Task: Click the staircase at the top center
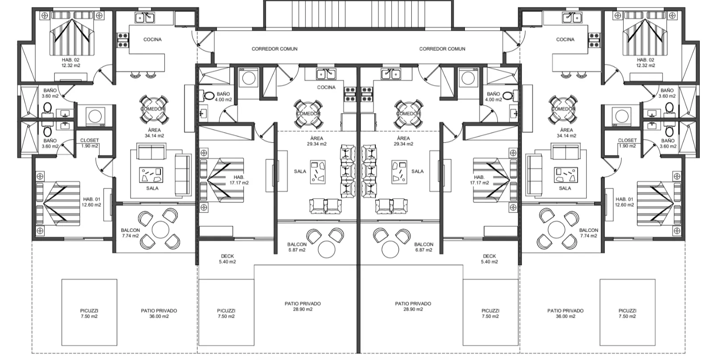pyautogui.click(x=358, y=14)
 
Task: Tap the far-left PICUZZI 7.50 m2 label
pyautogui.click(x=89, y=313)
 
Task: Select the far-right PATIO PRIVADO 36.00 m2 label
pyautogui.click(x=566, y=313)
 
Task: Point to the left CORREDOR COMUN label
pyautogui.click(x=274, y=49)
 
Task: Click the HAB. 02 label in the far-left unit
pyautogui.click(x=70, y=63)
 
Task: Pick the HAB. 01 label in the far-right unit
pyautogui.click(x=624, y=202)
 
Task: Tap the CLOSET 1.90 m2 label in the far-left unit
pyautogui.click(x=90, y=143)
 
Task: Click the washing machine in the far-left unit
pyautogui.click(x=95, y=116)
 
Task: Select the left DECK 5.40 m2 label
pyautogui.click(x=227, y=259)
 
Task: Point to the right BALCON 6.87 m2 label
pyautogui.click(x=423, y=247)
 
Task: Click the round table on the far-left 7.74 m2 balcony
pyautogui.click(x=160, y=229)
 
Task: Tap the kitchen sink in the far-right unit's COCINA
pyautogui.click(x=572, y=18)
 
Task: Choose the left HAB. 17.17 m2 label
pyautogui.click(x=239, y=180)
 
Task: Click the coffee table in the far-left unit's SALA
pyautogui.click(x=151, y=175)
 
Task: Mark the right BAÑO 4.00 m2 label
pyautogui.click(x=493, y=97)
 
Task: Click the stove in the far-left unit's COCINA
pyautogui.click(x=123, y=40)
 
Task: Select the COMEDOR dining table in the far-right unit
pyautogui.click(x=563, y=109)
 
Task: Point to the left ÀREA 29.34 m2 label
pyautogui.click(x=316, y=141)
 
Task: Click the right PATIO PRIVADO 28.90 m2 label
pyautogui.click(x=413, y=307)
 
